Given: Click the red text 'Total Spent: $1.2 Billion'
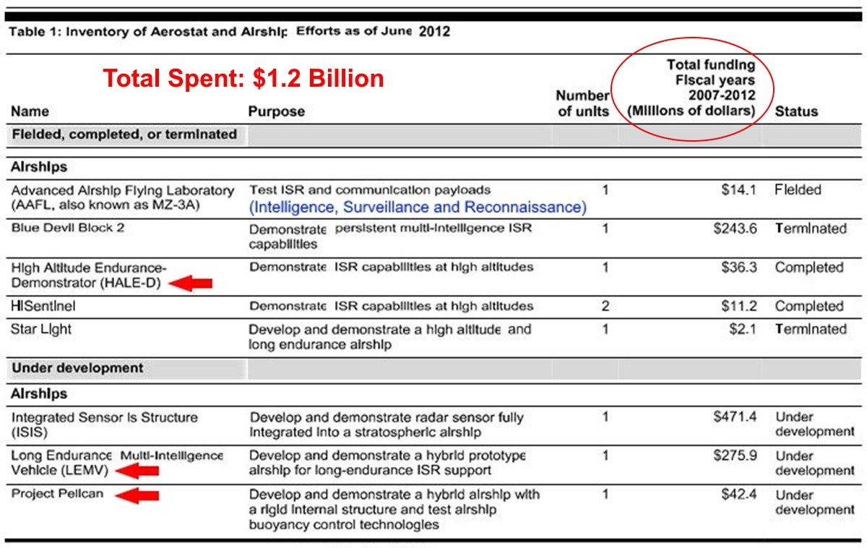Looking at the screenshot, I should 243,79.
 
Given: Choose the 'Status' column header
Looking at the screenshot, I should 796,111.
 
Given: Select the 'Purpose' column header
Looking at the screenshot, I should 276,111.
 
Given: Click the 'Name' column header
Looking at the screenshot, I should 30,111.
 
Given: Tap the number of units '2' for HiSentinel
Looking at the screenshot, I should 605,306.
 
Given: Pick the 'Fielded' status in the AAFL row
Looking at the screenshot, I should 798,190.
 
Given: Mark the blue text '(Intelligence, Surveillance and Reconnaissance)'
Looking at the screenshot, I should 418,208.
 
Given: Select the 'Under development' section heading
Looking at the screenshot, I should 77,367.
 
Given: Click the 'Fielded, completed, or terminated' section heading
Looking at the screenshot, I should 124,134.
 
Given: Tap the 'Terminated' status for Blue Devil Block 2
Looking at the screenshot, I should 810,228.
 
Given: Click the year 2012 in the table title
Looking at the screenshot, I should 434,32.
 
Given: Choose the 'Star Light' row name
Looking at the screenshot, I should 41,329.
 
